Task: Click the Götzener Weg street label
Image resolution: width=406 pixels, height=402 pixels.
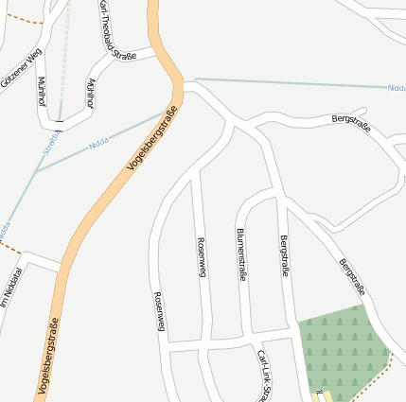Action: click(22, 68)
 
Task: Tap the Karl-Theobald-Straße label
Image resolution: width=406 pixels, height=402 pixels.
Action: click(117, 31)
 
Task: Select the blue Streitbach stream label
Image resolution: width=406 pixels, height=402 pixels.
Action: click(51, 143)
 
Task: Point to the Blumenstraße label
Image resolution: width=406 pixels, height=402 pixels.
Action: click(241, 254)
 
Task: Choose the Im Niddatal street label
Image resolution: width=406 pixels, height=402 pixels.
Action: click(10, 289)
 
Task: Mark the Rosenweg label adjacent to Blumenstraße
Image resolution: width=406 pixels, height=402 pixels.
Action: click(201, 256)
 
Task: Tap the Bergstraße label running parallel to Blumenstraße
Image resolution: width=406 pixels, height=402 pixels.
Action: click(284, 256)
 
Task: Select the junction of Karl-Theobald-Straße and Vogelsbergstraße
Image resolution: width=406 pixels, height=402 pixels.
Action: click(155, 50)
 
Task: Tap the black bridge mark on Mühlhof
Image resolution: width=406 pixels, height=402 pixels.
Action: click(60, 121)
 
